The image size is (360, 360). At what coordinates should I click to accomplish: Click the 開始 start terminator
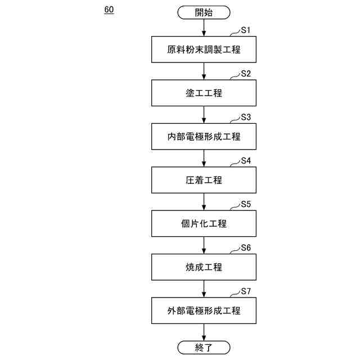204,12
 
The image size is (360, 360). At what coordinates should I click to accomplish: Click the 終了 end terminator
204,347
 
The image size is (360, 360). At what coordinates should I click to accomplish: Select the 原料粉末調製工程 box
204,49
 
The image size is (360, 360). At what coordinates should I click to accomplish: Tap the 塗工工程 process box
204,93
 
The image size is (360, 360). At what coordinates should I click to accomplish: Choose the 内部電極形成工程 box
204,136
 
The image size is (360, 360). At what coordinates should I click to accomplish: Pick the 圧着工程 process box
204,180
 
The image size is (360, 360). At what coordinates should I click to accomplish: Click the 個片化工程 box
204,223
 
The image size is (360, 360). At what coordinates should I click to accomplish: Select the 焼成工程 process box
204,267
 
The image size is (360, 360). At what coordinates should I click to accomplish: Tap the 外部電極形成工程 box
204,310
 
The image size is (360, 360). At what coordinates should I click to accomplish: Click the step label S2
246,74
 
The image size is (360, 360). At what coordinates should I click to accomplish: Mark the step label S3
246,117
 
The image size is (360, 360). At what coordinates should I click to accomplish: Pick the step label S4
246,161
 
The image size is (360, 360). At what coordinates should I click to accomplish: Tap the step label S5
246,204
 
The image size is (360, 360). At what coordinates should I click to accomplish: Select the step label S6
246,247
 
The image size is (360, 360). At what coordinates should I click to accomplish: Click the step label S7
246,291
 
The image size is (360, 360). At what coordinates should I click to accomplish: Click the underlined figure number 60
109,10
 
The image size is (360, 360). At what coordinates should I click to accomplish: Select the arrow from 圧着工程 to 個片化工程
204,202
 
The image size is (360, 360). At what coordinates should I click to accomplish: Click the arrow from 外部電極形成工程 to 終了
204,332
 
